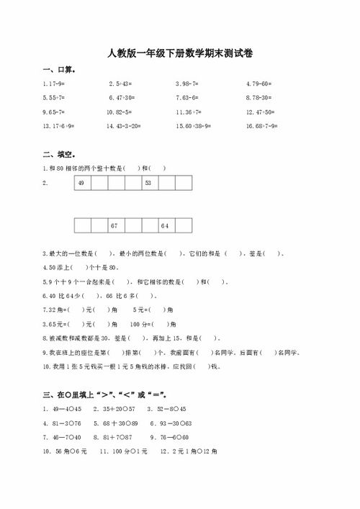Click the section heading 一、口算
pyautogui.click(x=60, y=71)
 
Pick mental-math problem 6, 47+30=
pyautogui.click(x=122, y=97)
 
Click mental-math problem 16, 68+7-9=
pyautogui.click(x=263, y=126)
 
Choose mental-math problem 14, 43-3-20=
pyautogui.click(x=124, y=126)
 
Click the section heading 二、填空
pyautogui.click(x=60, y=154)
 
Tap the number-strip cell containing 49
pyautogui.click(x=81, y=184)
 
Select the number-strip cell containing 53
pyautogui.click(x=148, y=184)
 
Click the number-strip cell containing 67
pyautogui.click(x=114, y=226)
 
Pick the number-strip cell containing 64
pyautogui.click(x=164, y=226)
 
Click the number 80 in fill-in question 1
pyautogui.click(x=63, y=168)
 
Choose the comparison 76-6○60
pyautogui.click(x=169, y=437)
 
